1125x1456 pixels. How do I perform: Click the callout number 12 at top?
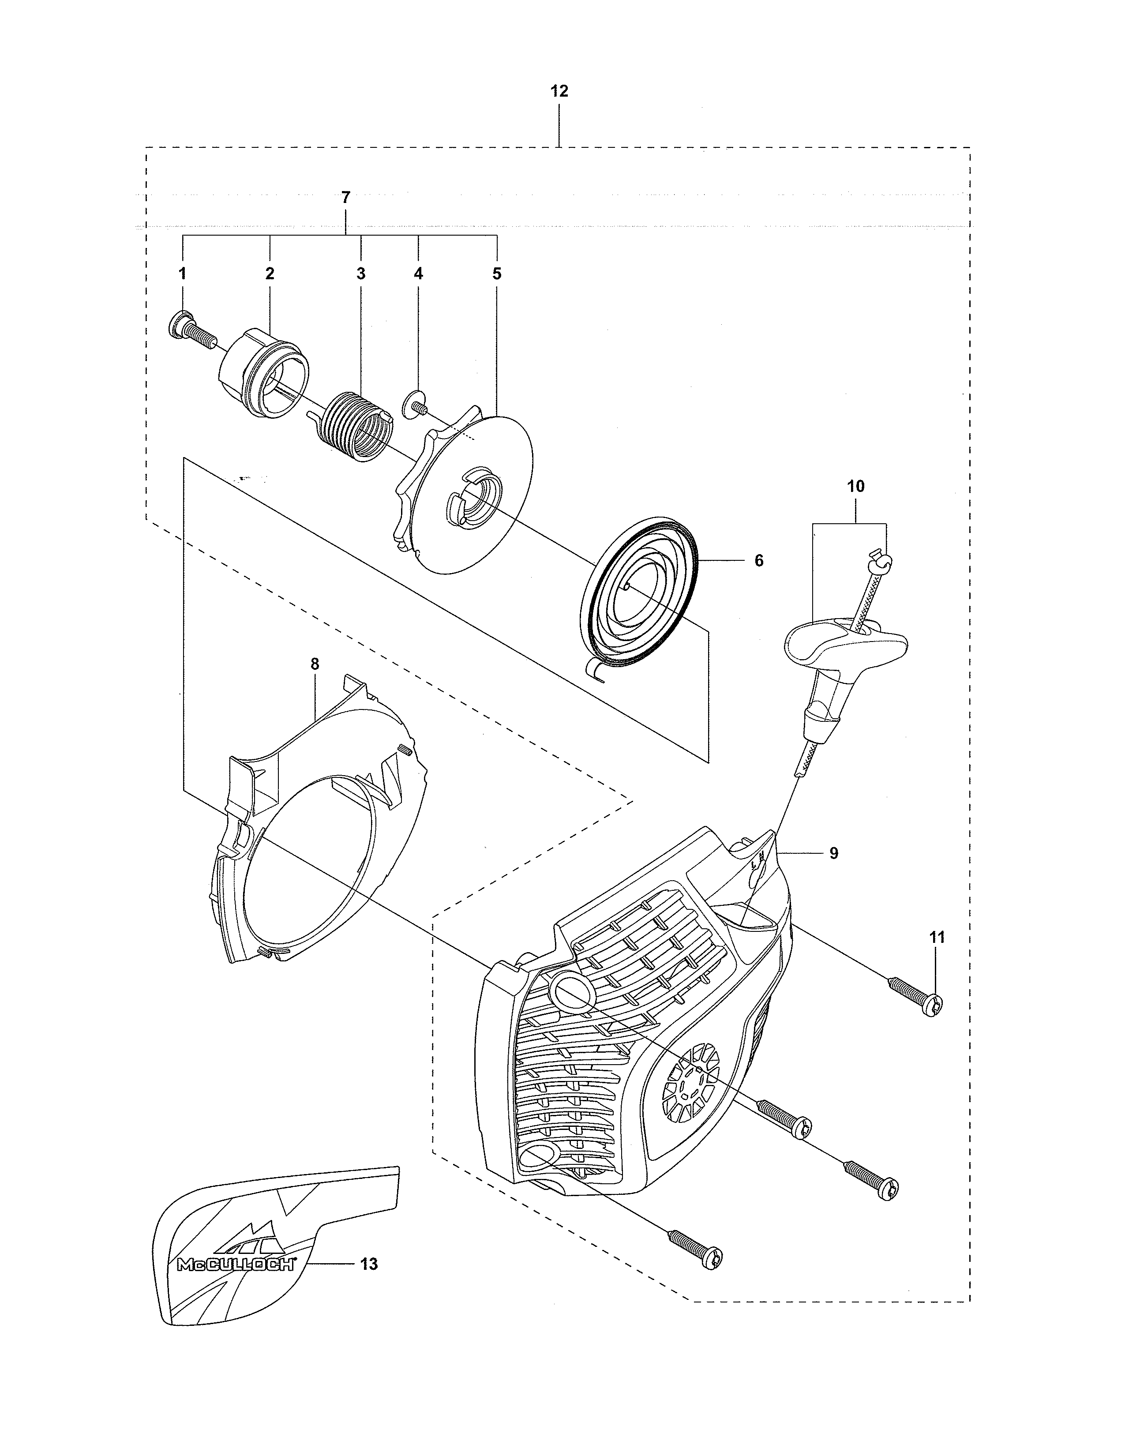coord(559,91)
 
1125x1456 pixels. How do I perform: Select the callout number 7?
coord(345,198)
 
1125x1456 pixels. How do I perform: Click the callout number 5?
coord(496,274)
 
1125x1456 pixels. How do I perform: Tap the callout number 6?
coord(758,561)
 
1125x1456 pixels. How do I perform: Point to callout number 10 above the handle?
coord(856,487)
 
